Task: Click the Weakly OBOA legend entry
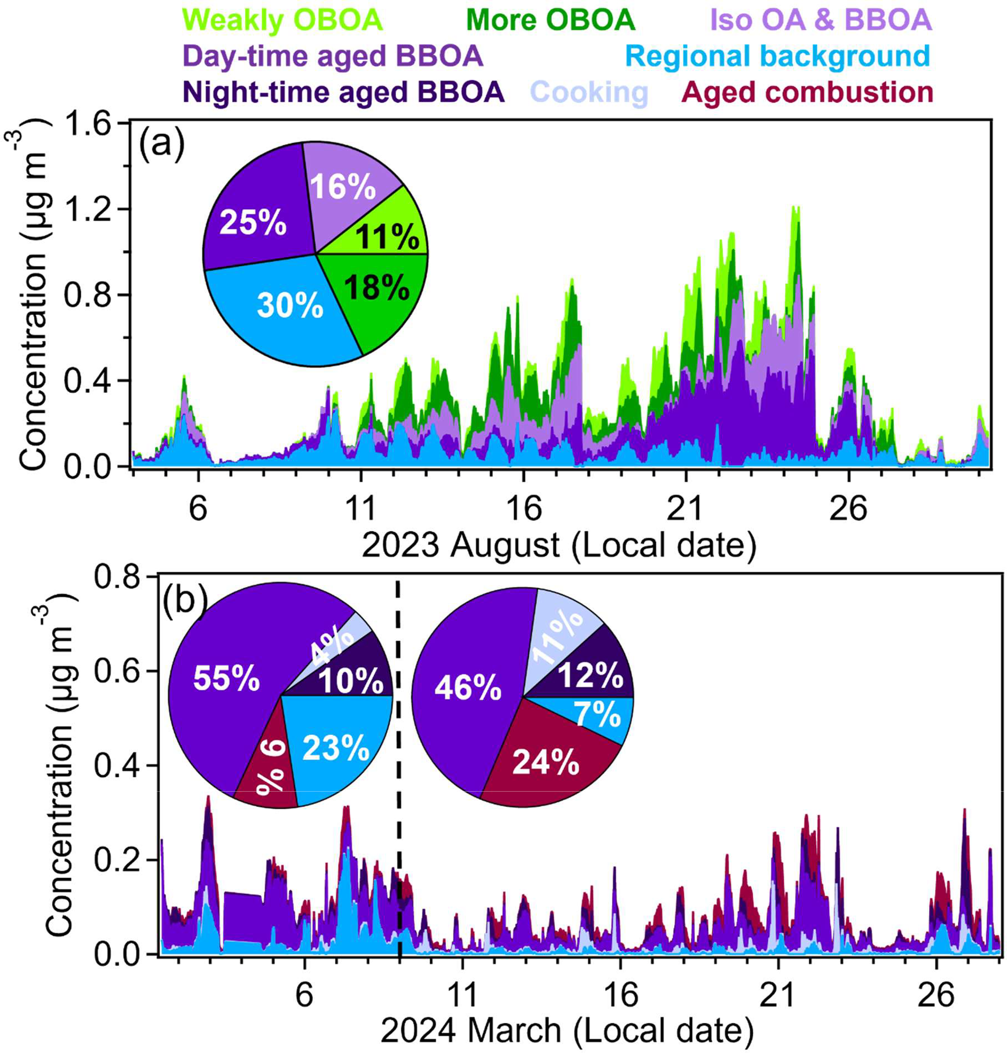285,20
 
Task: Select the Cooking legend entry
590,93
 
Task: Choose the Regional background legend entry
778,56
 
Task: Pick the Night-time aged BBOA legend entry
343,93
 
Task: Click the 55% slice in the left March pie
226,681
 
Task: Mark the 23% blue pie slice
336,746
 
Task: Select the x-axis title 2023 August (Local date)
558,546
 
